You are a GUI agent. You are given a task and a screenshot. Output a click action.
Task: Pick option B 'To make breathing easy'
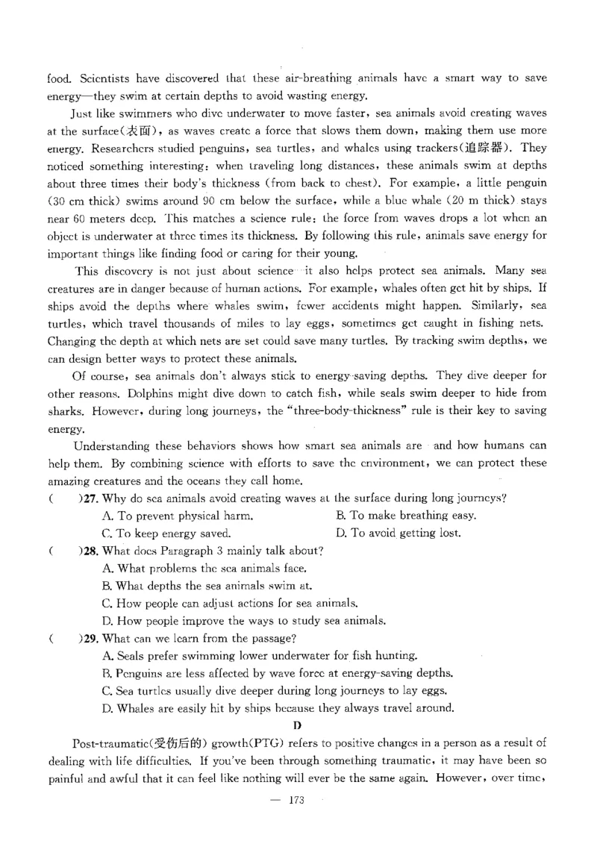406,516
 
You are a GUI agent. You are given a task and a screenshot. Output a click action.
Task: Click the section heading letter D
297,725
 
